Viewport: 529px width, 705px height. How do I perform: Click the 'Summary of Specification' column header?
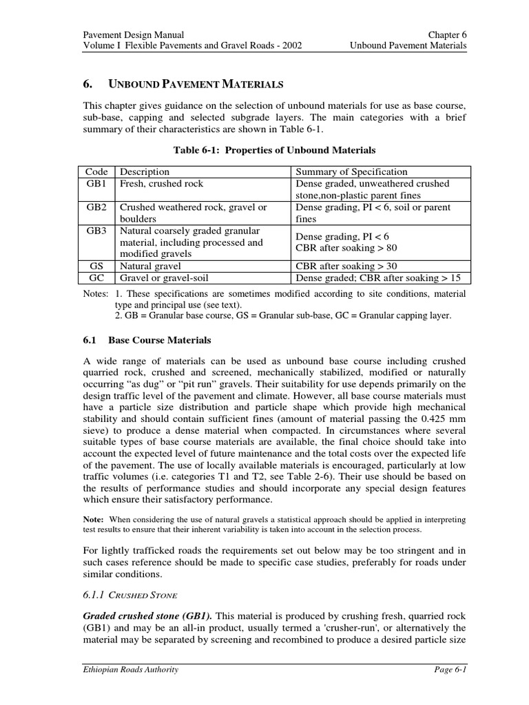point(351,172)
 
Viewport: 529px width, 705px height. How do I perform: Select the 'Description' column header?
point(145,172)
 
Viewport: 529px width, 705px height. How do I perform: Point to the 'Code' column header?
point(96,172)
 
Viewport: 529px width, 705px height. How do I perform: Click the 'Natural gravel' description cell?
point(150,266)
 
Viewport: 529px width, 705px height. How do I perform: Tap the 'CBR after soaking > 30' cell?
point(346,266)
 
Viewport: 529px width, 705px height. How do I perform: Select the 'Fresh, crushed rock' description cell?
point(161,184)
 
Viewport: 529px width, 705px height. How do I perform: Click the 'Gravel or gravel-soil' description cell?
point(164,278)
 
